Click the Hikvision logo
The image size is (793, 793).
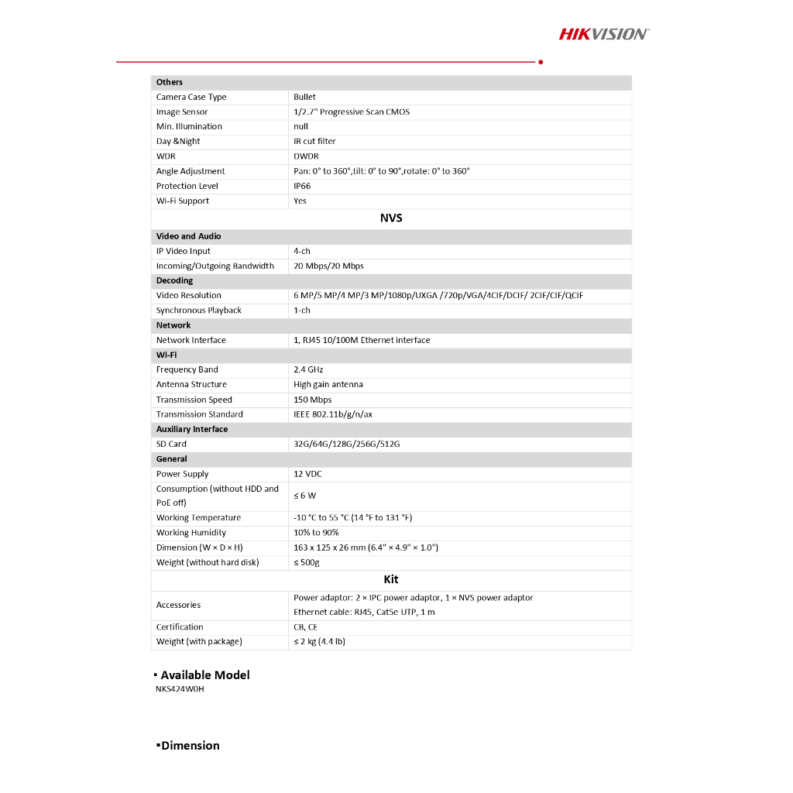coord(604,33)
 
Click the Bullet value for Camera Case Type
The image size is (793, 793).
coord(304,97)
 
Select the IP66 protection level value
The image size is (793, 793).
coord(302,186)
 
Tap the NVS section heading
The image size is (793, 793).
coord(391,218)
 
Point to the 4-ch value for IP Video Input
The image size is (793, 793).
coord(302,251)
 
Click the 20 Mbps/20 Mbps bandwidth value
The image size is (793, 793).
coord(328,266)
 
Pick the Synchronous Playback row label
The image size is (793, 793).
coord(199,311)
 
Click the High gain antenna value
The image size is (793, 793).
coord(328,384)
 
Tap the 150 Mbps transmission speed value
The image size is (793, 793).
coord(313,400)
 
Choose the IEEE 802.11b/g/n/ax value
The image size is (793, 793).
coord(333,414)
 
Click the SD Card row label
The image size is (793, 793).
coord(171,444)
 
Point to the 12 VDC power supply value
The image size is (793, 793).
coord(307,474)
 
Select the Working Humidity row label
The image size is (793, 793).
coord(191,533)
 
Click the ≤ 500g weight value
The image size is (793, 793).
coord(307,562)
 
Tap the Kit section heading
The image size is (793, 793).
coord(391,579)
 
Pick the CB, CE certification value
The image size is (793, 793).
coord(305,627)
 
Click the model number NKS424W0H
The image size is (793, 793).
coord(180,689)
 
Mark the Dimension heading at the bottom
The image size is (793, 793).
coord(190,746)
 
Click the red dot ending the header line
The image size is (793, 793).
coord(541,62)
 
